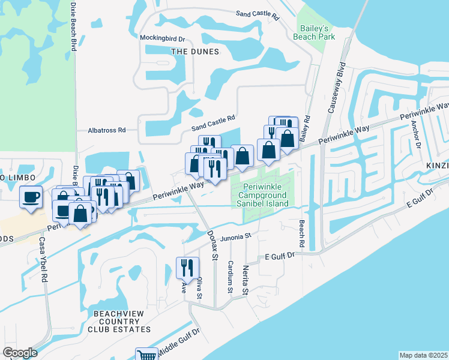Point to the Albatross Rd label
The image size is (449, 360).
pyautogui.click(x=106, y=130)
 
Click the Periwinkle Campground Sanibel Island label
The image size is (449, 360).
pyautogui.click(x=262, y=195)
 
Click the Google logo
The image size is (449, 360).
pyautogui.click(x=20, y=353)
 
